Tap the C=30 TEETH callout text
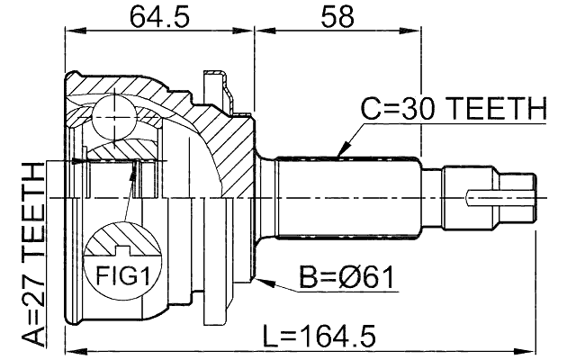[454, 110]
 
